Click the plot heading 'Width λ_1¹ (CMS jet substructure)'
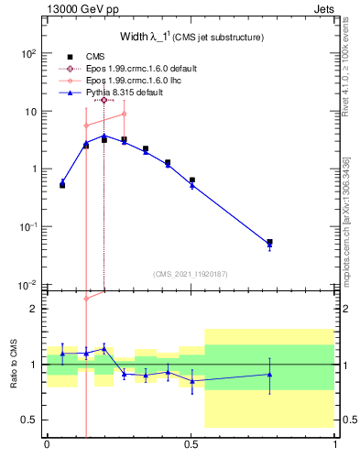[191, 38]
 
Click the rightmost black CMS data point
[269, 243]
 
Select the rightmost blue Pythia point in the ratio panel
[269, 374]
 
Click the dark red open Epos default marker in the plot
[104, 101]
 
